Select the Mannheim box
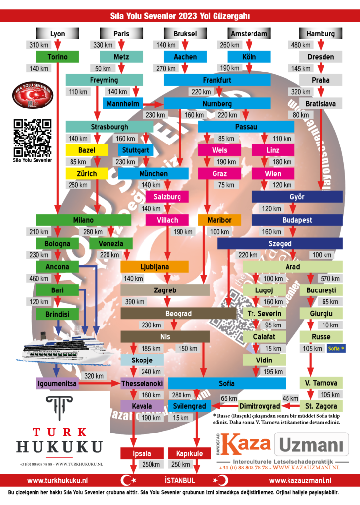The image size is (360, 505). coord(123,104)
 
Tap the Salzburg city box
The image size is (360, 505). coord(167,197)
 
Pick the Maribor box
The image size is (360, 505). coord(219,220)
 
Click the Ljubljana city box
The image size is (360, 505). coord(154,267)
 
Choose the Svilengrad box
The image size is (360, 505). coord(189,406)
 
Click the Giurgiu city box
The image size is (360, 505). coord(321,314)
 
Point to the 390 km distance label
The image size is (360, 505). coord(134,302)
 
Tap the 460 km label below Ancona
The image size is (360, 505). coord(38,279)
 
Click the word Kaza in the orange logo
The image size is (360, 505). coord(245,443)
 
